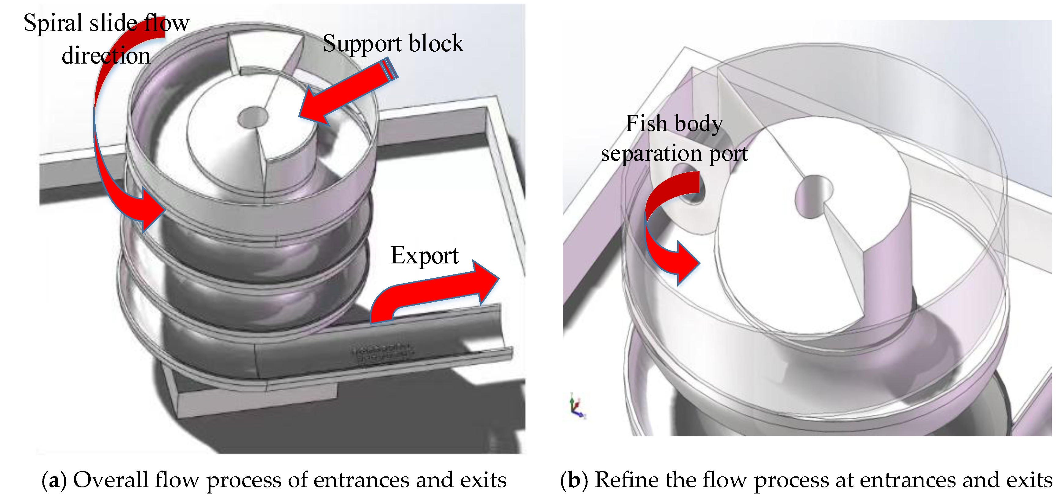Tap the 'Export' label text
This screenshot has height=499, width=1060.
[x=424, y=256]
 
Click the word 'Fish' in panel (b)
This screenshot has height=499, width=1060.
[x=646, y=123]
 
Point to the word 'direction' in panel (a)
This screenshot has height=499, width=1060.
[x=106, y=56]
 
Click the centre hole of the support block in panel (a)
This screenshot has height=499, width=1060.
[x=253, y=117]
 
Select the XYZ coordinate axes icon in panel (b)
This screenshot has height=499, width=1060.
[x=577, y=406]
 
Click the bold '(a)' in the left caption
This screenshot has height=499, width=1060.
[x=54, y=480]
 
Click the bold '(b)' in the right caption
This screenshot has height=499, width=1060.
[x=574, y=480]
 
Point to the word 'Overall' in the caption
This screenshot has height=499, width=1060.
[x=111, y=480]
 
